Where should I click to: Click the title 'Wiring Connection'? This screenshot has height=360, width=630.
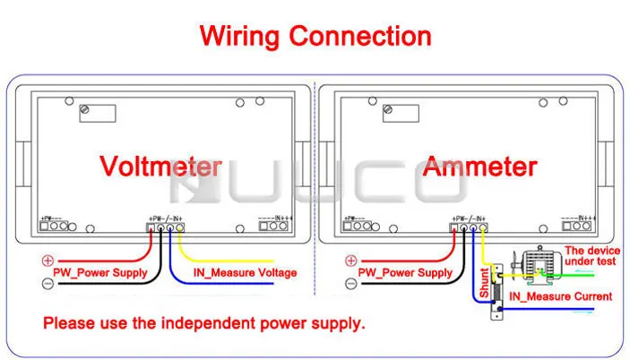coord(315,36)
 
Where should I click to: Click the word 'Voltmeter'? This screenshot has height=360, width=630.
coord(160,167)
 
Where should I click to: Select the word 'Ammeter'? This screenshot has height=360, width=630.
coord(480,167)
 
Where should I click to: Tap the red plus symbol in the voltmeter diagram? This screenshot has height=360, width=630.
coord(48,261)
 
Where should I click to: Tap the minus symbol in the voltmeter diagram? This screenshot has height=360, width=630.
coord(48,282)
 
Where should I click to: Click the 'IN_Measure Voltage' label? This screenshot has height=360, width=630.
coord(245,273)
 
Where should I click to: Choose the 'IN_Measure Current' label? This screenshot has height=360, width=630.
coord(560,296)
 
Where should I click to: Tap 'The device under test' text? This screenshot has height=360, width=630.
coord(589,255)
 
